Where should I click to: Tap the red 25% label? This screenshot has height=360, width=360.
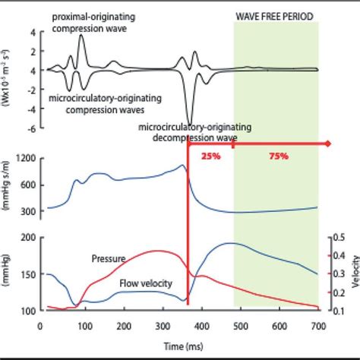[210, 156]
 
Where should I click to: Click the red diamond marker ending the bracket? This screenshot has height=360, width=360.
[328, 143]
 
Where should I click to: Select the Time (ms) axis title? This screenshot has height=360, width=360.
[181, 344]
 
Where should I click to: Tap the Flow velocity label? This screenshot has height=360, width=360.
[145, 283]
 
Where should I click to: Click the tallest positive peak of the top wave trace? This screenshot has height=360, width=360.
[82, 36]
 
